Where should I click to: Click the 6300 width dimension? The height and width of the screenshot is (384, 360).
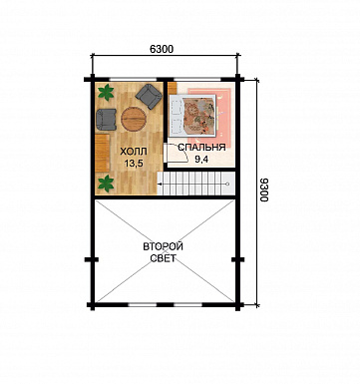click(162, 49)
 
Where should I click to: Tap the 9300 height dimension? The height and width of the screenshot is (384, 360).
click(264, 190)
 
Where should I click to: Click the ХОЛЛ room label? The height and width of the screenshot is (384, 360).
click(133, 152)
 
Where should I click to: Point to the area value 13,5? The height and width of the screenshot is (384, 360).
click(132, 164)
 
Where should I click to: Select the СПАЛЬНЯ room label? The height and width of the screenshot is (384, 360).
click(201, 148)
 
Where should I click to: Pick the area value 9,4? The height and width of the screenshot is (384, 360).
click(201, 160)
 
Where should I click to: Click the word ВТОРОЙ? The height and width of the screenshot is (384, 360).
click(164, 246)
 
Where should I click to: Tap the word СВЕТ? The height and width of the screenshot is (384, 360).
click(163, 258)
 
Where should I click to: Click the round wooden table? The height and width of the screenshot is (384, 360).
click(134, 119)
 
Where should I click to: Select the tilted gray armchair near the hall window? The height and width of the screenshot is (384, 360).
click(149, 97)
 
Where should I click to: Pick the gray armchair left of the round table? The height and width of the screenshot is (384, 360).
click(106, 120)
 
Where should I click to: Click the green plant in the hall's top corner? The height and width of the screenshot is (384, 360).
click(107, 92)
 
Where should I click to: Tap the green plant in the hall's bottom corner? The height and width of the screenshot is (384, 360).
click(106, 184)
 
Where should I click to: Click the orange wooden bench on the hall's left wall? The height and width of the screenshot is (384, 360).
click(103, 153)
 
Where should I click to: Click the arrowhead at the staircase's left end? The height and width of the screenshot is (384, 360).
click(160, 184)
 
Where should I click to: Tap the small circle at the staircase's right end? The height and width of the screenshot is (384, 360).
click(227, 184)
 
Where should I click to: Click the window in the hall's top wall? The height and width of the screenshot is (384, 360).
click(135, 80)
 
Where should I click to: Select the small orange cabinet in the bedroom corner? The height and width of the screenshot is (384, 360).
click(172, 88)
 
